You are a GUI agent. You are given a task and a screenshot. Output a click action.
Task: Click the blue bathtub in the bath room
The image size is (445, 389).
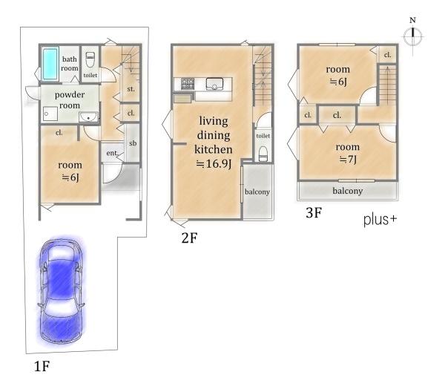[50, 64]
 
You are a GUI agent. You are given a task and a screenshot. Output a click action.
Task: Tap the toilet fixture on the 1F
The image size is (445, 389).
[90, 59]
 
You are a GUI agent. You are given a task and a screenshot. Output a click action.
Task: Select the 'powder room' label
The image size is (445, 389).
[70, 100]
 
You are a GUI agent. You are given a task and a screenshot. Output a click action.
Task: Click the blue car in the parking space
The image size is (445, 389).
[61, 291]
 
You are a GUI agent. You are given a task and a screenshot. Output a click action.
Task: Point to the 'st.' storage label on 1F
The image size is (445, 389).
[131, 89]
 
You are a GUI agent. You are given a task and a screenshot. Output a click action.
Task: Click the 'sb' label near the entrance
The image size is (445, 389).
[133, 143]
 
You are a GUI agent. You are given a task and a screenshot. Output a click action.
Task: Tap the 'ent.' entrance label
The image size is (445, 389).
[112, 153]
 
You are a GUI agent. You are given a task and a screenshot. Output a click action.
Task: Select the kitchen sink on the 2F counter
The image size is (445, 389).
[214, 84]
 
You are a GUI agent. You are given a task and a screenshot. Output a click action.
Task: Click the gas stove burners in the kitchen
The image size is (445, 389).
[188, 84]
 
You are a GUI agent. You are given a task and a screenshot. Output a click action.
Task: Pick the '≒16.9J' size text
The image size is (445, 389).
[214, 164]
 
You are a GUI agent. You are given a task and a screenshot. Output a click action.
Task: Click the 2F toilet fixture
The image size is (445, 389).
[263, 154]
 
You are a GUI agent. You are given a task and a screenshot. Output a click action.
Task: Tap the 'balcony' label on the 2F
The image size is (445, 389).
[257, 192]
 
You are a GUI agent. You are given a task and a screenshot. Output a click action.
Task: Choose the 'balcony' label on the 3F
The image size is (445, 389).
[348, 191]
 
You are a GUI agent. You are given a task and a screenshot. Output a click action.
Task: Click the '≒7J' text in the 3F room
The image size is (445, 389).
[348, 160]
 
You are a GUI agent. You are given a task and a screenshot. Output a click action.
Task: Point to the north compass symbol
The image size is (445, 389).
[412, 36]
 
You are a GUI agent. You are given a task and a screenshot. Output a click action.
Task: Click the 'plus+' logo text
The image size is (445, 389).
[380, 220]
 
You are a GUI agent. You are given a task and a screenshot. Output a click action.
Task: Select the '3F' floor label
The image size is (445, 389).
[314, 212]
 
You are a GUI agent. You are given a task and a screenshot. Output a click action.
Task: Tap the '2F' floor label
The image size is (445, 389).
[189, 238]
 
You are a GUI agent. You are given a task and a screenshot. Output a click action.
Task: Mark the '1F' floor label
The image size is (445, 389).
[42, 366]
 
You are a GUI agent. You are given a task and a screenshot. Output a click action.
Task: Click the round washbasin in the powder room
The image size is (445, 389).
[89, 117]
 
